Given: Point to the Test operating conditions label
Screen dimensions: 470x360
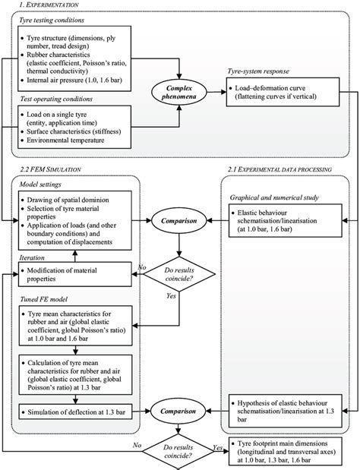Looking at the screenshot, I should click(58, 99).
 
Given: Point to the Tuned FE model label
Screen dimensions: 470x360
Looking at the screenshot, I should click(47, 300).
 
